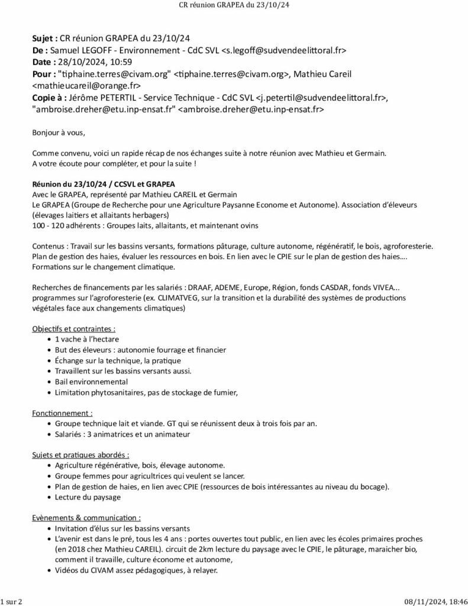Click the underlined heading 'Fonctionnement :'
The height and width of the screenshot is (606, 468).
62,412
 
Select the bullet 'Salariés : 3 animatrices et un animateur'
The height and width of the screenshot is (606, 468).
122,434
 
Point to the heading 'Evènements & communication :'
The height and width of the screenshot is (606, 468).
86,517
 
